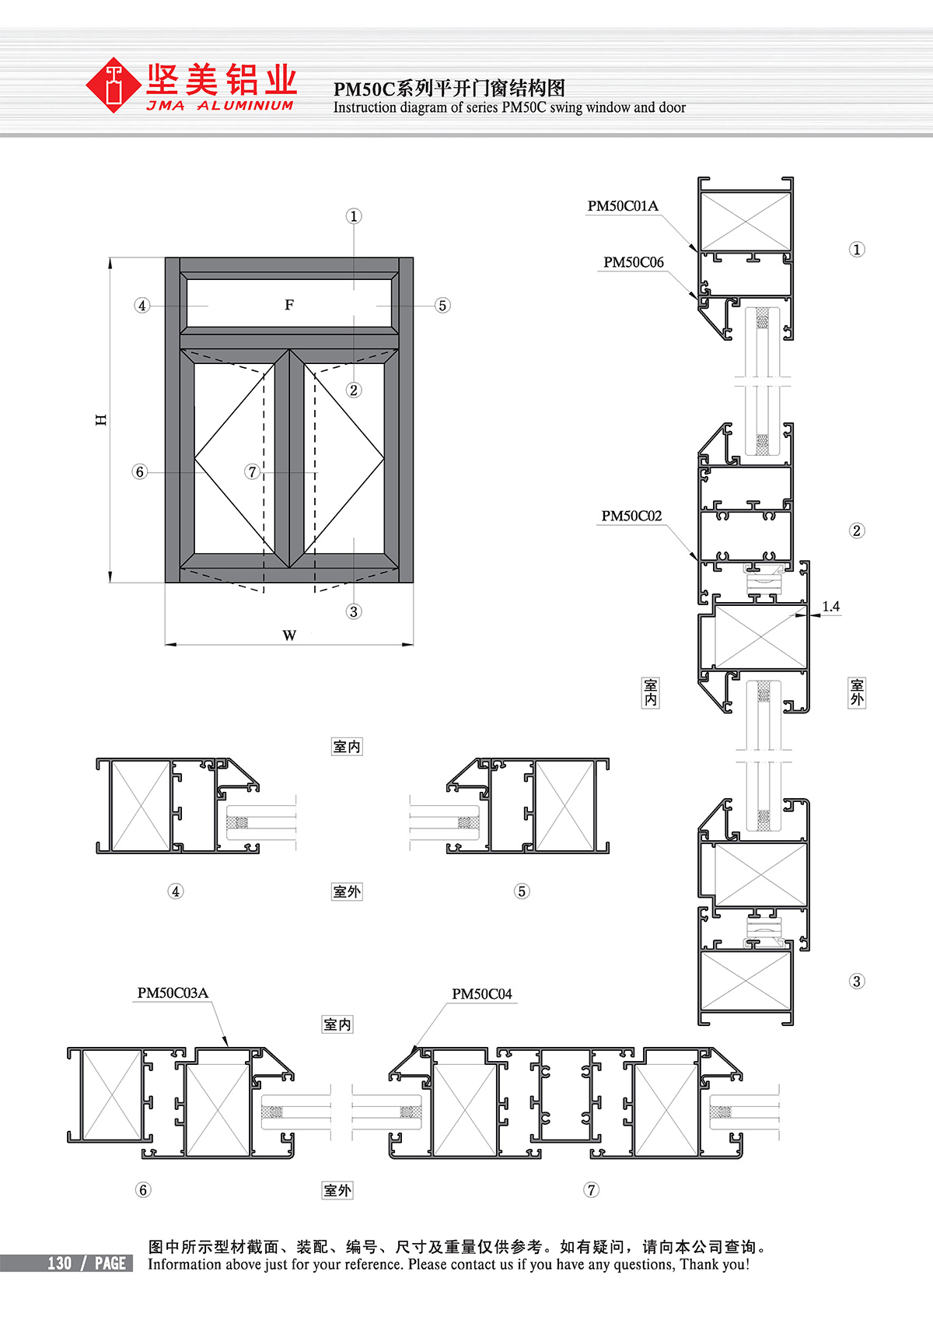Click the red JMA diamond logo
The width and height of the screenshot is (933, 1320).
[114, 86]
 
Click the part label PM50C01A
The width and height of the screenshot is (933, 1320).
[623, 206]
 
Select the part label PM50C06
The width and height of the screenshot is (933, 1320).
[634, 263]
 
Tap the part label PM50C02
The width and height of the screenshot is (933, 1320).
[631, 516]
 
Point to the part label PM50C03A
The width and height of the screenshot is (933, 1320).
[173, 993]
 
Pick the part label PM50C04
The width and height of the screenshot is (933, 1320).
[482, 994]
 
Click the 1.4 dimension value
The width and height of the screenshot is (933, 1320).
[830, 607]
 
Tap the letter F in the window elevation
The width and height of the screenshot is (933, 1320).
[289, 305]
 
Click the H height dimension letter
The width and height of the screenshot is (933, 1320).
[101, 420]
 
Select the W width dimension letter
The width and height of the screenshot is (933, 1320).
[289, 635]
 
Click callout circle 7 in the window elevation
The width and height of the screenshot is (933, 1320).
[252, 472]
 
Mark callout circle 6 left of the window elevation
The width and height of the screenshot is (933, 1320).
[140, 472]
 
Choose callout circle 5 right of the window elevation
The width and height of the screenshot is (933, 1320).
[442, 306]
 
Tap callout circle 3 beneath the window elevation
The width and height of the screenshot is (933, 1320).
[354, 611]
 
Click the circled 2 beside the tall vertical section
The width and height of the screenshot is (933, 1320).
[857, 530]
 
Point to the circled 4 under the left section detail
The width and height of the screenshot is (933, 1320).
[176, 891]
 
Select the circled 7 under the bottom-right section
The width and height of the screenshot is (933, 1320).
[592, 1190]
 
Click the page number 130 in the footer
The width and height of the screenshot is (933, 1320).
[60, 1264]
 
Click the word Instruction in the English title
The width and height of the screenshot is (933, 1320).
[363, 107]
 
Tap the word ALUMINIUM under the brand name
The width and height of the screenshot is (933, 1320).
[246, 105]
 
